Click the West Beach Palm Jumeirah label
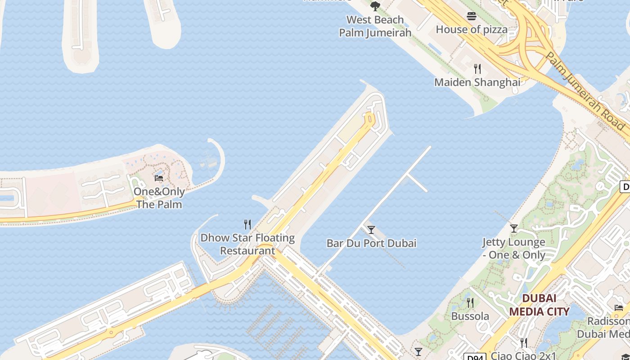pos(375,26)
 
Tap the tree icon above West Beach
pos(375,6)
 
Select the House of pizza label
pos(472,30)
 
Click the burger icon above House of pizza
pos(472,17)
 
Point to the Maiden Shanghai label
pos(477,82)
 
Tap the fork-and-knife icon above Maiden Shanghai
pos(477,69)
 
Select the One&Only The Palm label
pos(159,198)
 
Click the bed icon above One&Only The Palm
pos(159,178)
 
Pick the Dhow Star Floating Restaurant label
pos(247,244)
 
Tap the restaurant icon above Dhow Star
pos(247,224)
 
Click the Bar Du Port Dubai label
pos(371,243)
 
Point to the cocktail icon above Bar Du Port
pos(371,230)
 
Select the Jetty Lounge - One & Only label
pos(514,248)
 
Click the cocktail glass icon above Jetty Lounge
pos(514,229)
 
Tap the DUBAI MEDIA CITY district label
pos(539,305)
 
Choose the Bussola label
pos(470,316)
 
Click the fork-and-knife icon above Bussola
pos(470,302)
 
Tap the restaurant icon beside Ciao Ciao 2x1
pos(524,343)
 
